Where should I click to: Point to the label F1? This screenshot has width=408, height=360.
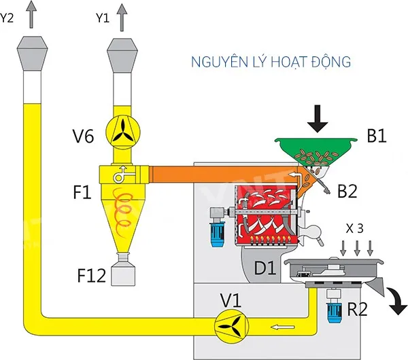[x=82, y=193]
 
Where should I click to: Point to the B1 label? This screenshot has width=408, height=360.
[x=378, y=137]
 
